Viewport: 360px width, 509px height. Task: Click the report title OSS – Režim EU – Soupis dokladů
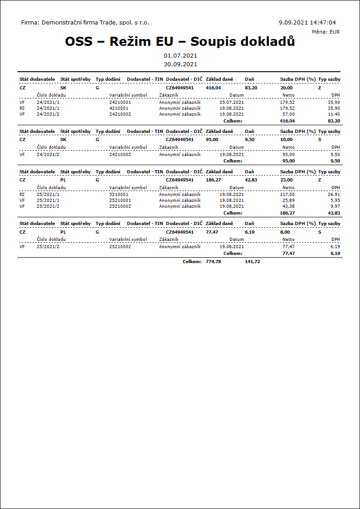(x=180, y=41)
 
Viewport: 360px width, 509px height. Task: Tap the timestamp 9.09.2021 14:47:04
(x=307, y=22)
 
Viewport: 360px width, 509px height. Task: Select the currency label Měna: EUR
(x=326, y=32)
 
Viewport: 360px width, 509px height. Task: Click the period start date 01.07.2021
(x=180, y=55)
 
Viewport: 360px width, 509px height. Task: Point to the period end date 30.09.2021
(x=180, y=64)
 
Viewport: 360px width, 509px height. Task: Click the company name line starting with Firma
(x=85, y=22)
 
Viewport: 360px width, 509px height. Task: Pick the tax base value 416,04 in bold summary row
(x=213, y=88)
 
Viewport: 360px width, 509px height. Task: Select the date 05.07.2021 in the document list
(x=232, y=103)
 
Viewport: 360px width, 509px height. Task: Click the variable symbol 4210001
(x=119, y=108)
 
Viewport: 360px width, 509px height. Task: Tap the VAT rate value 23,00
(x=286, y=180)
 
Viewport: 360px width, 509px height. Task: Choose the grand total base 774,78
(x=213, y=262)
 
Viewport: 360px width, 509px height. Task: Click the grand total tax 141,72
(x=253, y=262)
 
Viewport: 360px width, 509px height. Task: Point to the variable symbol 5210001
(x=119, y=195)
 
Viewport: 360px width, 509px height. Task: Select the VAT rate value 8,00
(x=285, y=232)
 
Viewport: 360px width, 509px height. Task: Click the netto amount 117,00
(x=287, y=195)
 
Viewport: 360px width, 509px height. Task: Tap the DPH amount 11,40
(x=334, y=114)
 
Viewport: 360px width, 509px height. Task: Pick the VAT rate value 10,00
(x=286, y=140)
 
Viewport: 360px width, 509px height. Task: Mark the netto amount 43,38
(x=288, y=206)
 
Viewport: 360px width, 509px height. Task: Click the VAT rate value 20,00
(x=286, y=88)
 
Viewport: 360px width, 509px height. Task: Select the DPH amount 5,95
(x=335, y=201)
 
